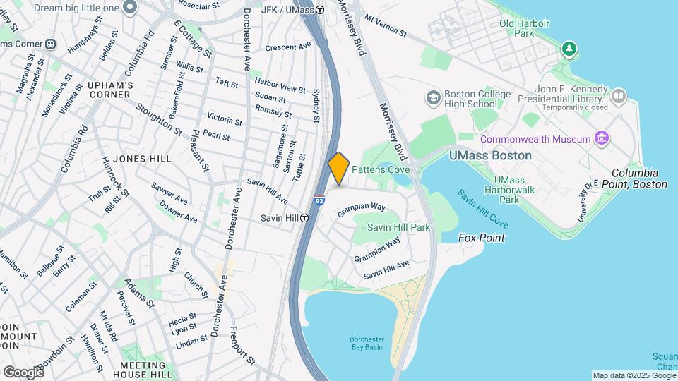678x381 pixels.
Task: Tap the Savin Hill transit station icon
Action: [x=304, y=218]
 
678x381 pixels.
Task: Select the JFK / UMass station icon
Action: [x=320, y=10]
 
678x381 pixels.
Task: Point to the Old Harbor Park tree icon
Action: [x=569, y=49]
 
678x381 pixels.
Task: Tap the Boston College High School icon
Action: [x=433, y=96]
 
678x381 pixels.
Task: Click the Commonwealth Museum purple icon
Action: [x=602, y=138]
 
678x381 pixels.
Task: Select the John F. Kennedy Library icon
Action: [x=619, y=95]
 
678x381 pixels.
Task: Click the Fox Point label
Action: [x=482, y=238]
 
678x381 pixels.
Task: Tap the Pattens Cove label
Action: [x=381, y=170]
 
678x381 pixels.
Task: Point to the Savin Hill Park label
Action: [x=398, y=228]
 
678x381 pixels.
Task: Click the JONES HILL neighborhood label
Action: [x=141, y=159]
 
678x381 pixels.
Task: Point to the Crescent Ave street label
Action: [x=288, y=47]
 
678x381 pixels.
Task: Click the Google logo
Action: [x=23, y=372]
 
